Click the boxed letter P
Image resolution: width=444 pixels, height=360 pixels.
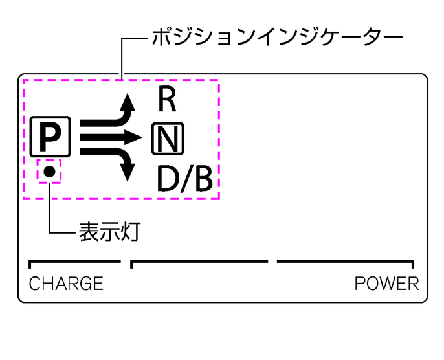pyautogui.click(x=50, y=136)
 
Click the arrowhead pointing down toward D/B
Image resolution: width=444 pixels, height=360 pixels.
pyautogui.click(x=129, y=171)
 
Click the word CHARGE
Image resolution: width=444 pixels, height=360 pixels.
pyautogui.click(x=66, y=284)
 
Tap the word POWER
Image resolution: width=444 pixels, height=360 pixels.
pyautogui.click(x=386, y=284)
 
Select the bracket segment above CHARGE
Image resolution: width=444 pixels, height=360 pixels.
pyautogui.click(x=74, y=262)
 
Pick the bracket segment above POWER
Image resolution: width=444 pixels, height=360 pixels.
pyautogui.click(x=346, y=262)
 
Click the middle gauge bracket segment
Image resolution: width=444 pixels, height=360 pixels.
pyautogui.click(x=199, y=262)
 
